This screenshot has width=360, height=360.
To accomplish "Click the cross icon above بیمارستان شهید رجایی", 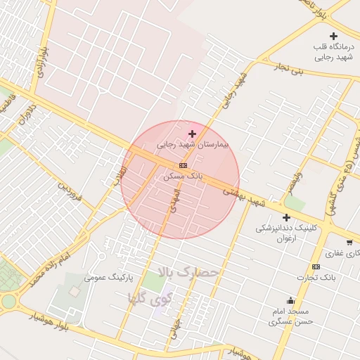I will pos(192,134).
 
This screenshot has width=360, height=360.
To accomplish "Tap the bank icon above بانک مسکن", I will pos(184,165).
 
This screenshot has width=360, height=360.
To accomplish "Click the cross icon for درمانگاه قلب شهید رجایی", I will pos(333,36).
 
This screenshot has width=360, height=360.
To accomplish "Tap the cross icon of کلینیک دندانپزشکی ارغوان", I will pos(286,218).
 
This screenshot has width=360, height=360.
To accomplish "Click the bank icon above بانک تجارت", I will pos(316,266).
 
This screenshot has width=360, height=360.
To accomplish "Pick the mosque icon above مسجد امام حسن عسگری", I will pos(290,300).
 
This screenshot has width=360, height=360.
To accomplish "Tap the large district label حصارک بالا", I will pos(189,272).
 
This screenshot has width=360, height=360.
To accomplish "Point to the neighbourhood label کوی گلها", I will pos(150,297).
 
